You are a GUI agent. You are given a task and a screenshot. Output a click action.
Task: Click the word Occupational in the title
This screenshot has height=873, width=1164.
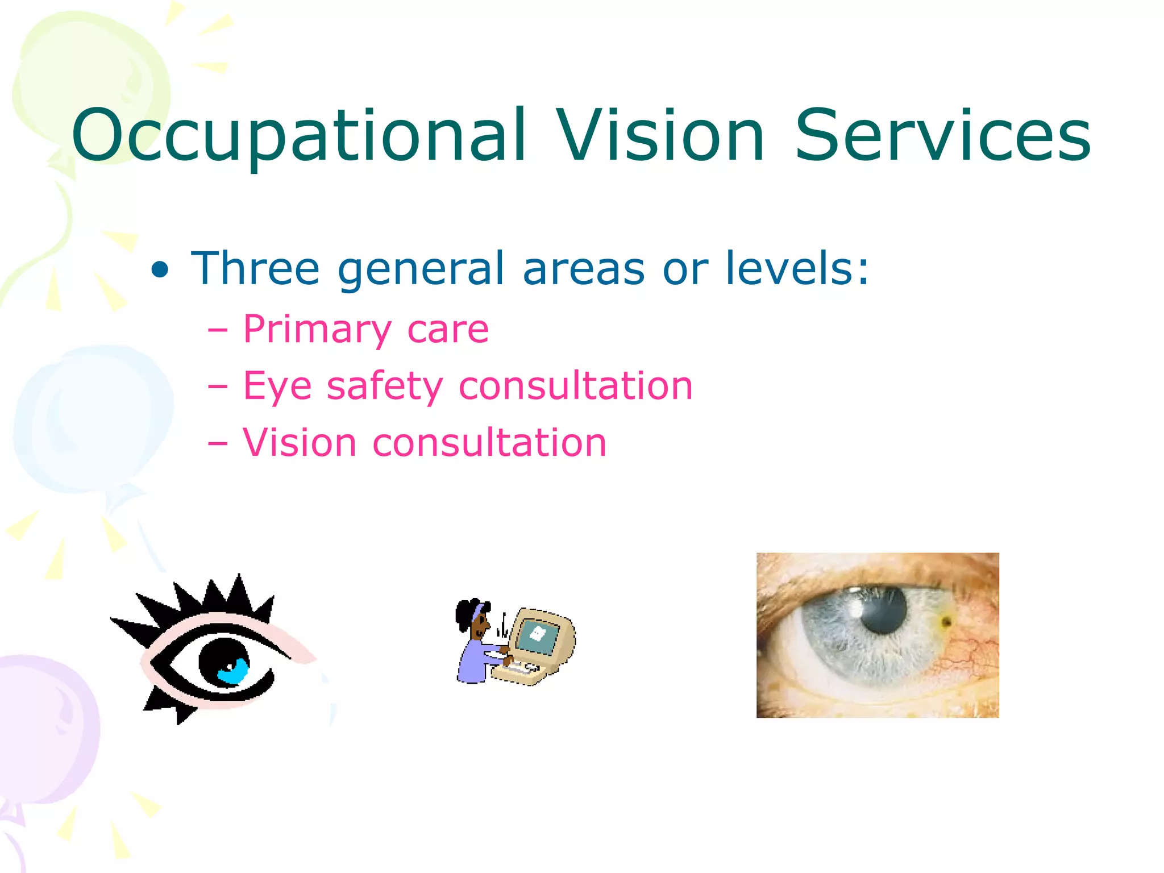(298, 136)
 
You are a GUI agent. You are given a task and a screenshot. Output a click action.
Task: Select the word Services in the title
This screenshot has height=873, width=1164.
(942, 136)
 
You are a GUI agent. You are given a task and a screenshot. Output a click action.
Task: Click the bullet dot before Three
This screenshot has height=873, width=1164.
(160, 270)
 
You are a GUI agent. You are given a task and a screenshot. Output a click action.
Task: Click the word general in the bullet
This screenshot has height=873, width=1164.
(421, 270)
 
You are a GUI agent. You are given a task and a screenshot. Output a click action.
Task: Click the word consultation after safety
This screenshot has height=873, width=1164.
(576, 386)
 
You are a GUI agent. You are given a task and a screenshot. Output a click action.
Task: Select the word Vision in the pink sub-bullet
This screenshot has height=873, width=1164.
(300, 443)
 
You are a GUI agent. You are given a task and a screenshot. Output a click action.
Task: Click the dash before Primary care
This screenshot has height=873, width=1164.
(218, 330)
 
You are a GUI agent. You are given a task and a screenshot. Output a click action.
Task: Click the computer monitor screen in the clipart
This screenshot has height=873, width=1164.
(537, 635)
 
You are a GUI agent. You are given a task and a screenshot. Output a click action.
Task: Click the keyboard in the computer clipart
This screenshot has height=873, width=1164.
(520, 671)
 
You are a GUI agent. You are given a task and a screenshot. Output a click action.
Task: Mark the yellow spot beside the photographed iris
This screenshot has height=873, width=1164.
(946, 622)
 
